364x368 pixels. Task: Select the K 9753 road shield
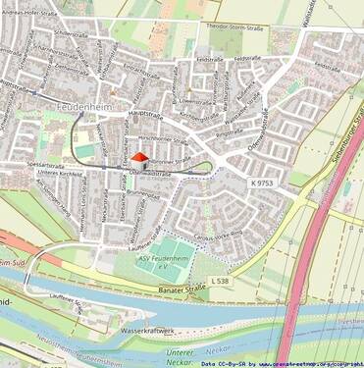[262, 184]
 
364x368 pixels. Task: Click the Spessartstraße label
[47, 164]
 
